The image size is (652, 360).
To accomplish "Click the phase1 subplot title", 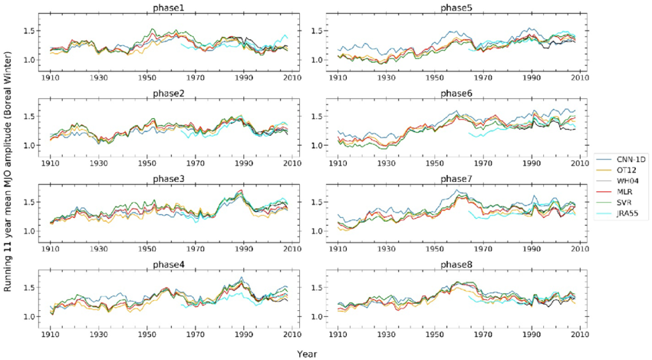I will click(x=180, y=8).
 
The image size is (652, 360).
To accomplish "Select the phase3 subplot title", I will click(x=180, y=179).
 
